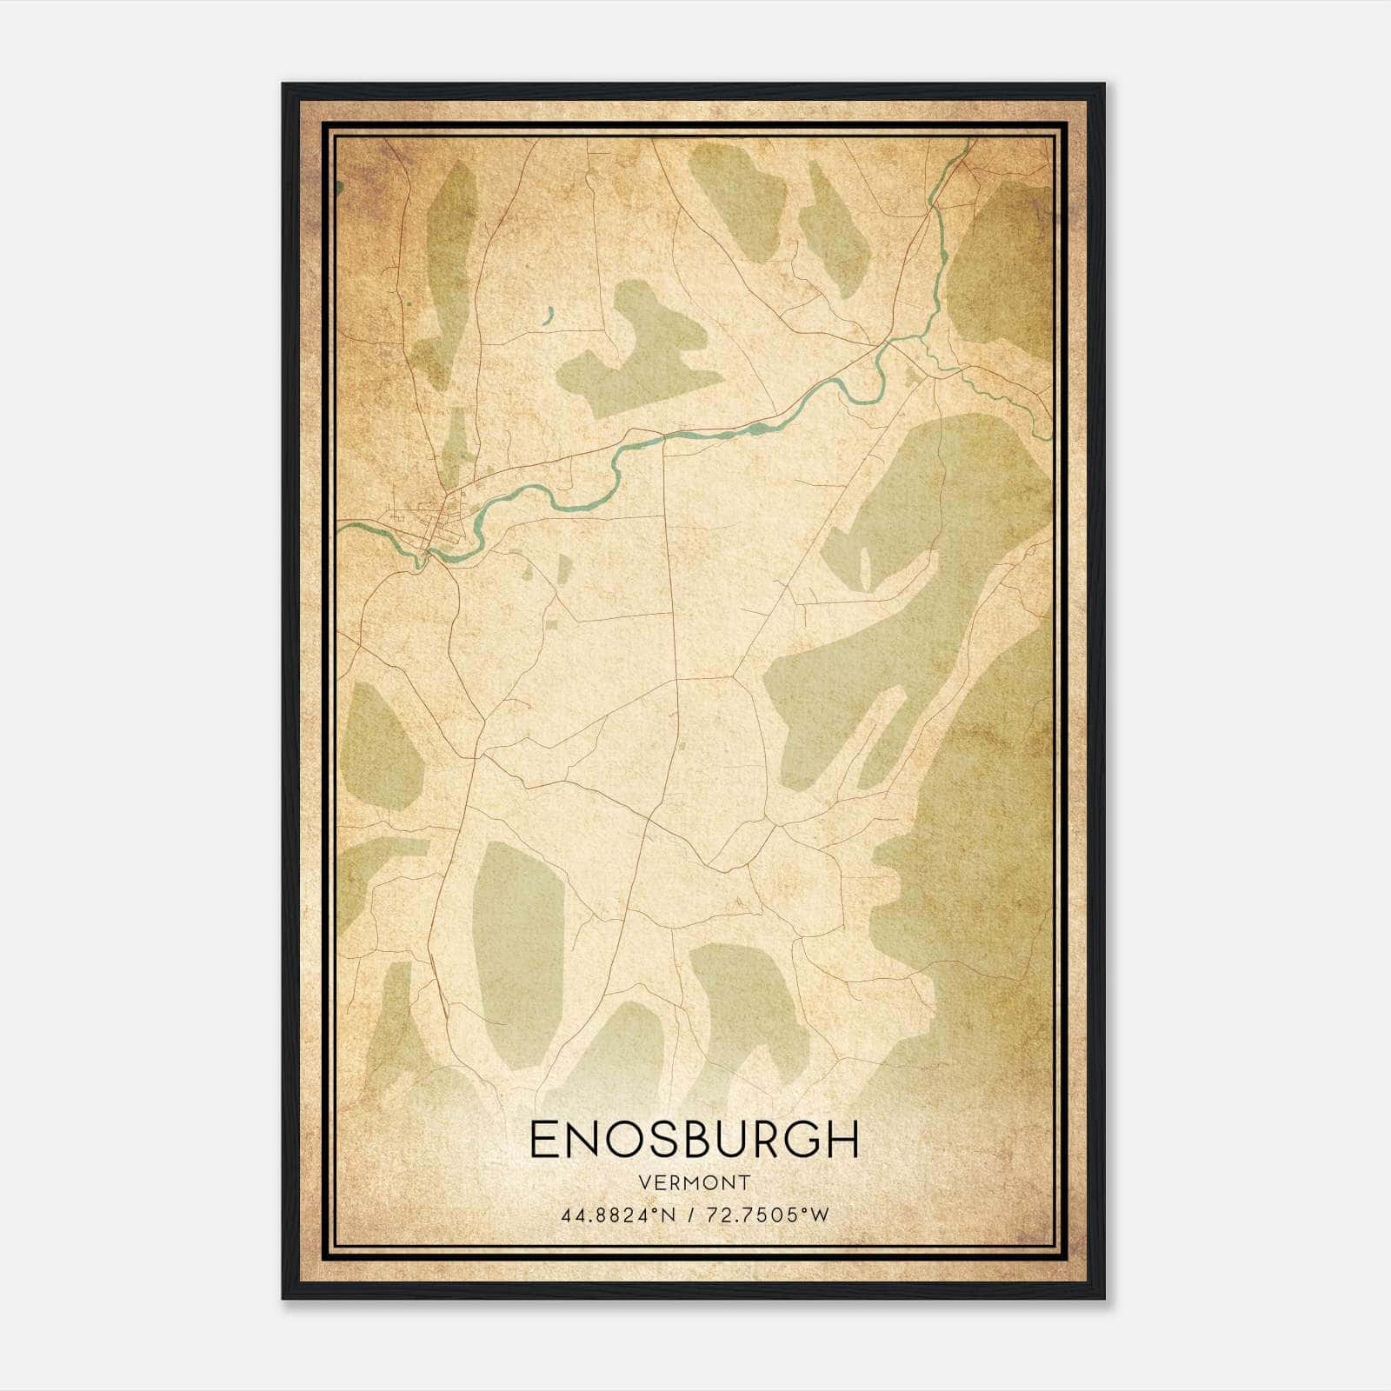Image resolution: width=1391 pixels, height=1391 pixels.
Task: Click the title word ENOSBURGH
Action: (x=694, y=1140)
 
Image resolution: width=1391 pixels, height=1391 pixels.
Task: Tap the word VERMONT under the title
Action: (x=694, y=1182)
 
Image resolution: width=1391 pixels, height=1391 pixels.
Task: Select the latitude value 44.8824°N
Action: (x=618, y=1215)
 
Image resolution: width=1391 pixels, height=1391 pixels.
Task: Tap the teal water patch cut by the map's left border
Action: (x=338, y=185)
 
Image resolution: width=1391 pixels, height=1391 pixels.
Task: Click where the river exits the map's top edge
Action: (x=968, y=143)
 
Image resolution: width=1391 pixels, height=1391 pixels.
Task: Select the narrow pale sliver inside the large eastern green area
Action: (x=864, y=567)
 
